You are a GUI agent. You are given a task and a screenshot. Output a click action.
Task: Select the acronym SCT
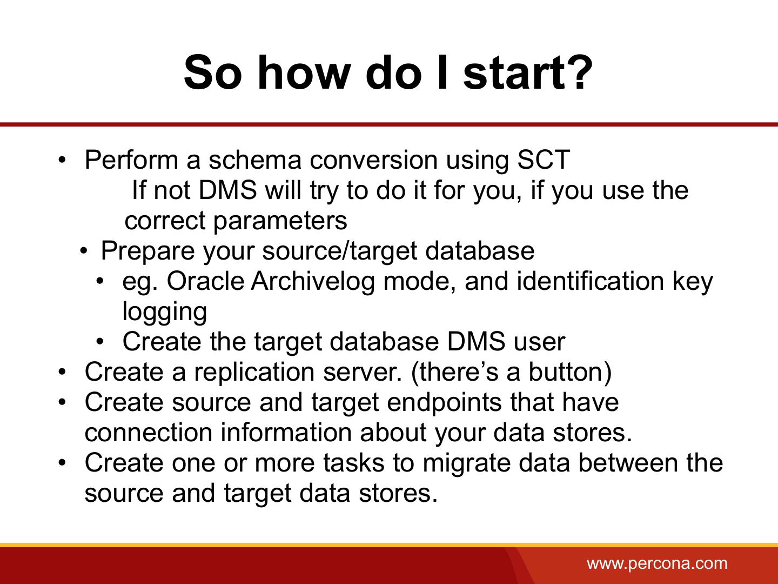click(544, 160)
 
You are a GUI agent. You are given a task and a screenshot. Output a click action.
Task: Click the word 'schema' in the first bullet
click(255, 160)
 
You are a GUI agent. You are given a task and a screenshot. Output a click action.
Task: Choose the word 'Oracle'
click(205, 281)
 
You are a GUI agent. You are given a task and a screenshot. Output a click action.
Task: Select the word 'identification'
click(590, 281)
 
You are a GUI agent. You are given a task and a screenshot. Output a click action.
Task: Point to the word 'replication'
click(254, 373)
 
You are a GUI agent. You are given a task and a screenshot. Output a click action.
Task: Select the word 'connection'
click(149, 433)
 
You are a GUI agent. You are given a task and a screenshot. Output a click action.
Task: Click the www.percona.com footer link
click(657, 563)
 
